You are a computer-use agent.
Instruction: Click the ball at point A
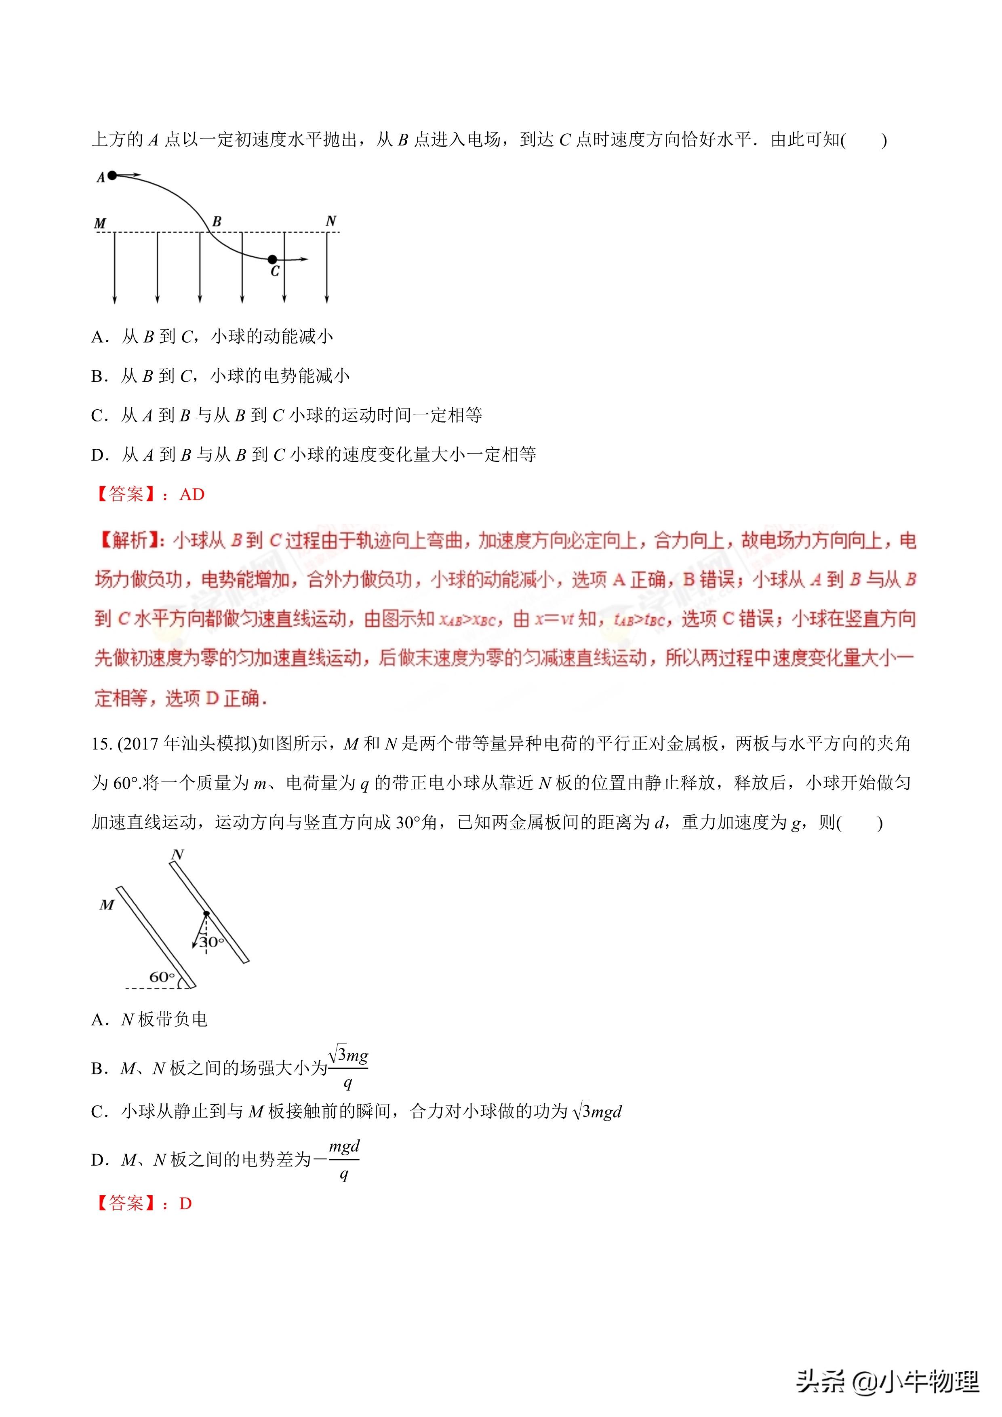point(112,176)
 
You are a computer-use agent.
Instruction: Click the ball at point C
point(272,259)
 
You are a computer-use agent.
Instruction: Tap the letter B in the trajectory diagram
point(217,221)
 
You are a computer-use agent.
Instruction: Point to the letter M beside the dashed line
point(100,223)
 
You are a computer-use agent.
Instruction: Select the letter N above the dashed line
point(331,221)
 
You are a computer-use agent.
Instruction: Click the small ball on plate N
point(206,914)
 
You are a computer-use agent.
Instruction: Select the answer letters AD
point(192,494)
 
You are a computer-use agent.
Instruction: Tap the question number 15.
point(101,744)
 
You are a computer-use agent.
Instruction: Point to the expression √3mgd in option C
point(597,1112)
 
